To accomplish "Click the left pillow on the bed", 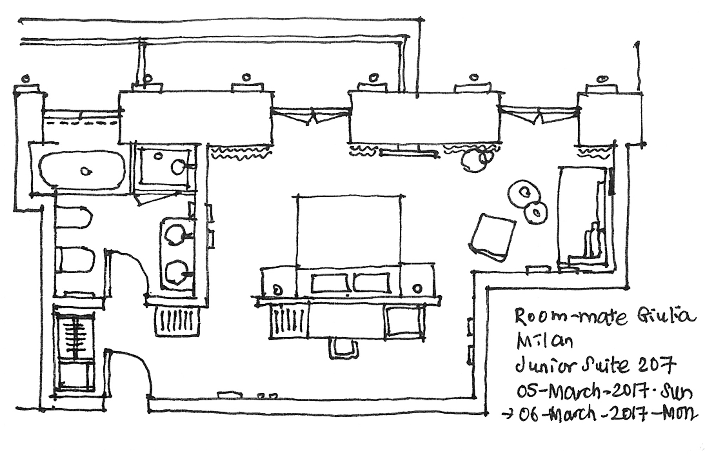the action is [x=330, y=283].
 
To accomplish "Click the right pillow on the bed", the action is [x=372, y=283].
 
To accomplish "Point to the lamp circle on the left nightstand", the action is [x=278, y=290].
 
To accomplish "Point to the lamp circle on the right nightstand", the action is [x=417, y=288].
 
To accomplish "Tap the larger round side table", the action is [x=524, y=192].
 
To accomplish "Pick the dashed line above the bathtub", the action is [x=82, y=123].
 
